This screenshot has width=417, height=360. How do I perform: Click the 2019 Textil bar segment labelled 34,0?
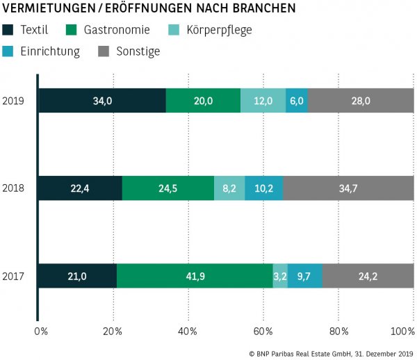click(101, 101)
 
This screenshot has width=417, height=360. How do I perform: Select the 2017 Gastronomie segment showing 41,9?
click(195, 276)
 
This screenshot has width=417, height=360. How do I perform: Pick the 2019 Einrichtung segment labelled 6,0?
click(296, 101)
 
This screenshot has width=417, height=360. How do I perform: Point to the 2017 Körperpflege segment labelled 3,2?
click(280, 276)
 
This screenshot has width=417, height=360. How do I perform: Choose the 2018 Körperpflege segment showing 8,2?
click(229, 188)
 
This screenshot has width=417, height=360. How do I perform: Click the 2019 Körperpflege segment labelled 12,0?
click(263, 101)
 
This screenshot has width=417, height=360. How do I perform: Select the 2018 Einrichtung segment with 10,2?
click(264, 188)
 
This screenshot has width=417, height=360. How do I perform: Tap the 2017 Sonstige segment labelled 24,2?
click(368, 276)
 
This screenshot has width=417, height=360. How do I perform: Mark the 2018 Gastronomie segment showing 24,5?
click(168, 188)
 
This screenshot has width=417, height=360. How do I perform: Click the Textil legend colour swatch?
click(8, 31)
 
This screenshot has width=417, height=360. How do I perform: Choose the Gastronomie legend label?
click(116, 31)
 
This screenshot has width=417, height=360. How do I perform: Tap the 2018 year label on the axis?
click(13, 188)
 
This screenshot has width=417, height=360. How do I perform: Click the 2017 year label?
click(13, 276)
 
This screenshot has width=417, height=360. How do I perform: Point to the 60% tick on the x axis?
click(263, 330)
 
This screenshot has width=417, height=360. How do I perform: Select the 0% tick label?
click(41, 330)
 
